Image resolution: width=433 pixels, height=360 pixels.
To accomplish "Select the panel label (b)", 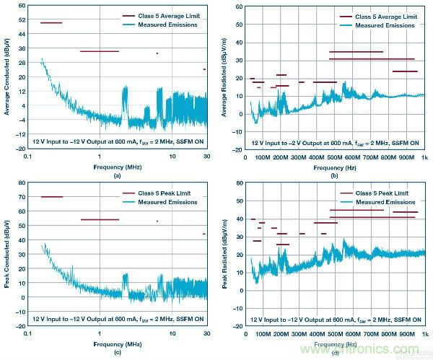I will click(x=335, y=176).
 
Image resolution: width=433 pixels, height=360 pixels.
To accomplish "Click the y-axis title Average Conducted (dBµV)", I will click(x=7, y=76).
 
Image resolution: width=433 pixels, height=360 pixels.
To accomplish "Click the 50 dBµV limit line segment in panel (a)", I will click(x=51, y=23).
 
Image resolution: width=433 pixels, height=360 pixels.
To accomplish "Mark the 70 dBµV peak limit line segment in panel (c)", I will click(x=52, y=197).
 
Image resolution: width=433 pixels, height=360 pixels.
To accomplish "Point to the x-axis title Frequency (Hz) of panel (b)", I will click(x=335, y=167).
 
